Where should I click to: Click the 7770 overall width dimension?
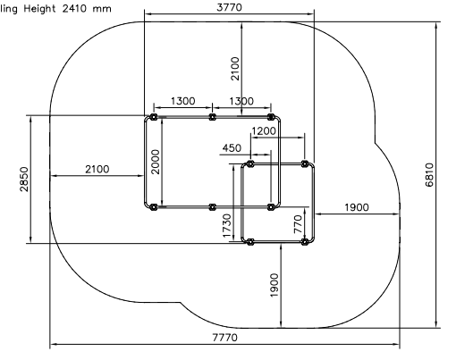pyautogui.click(x=225, y=338)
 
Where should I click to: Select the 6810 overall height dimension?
pyautogui.click(x=429, y=175)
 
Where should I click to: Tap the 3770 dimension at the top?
pyautogui.click(x=229, y=7)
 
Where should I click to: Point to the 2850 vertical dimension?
pyautogui.click(x=24, y=180)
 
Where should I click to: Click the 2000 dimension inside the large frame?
pyautogui.click(x=156, y=162)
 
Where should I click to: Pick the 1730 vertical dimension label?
pyautogui.click(x=226, y=226)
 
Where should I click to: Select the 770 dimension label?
pyautogui.click(x=298, y=224)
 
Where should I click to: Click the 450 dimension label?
pyautogui.click(x=232, y=148)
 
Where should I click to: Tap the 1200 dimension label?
pyautogui.click(x=264, y=131)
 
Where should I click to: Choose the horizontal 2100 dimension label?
pyautogui.click(x=97, y=170)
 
